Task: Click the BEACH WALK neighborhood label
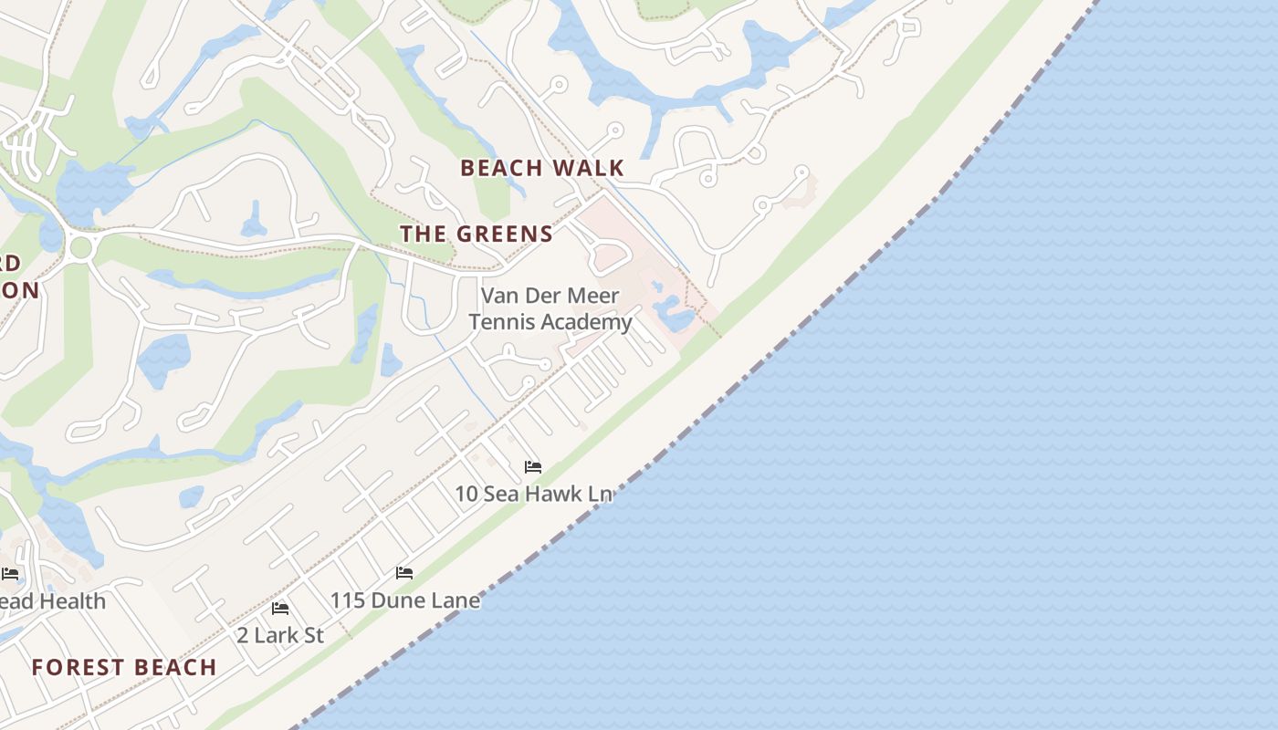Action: pyautogui.click(x=542, y=168)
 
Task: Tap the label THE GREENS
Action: pyautogui.click(x=477, y=235)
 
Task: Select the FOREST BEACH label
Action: pyautogui.click(x=124, y=667)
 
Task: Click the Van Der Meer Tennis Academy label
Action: pyautogui.click(x=550, y=308)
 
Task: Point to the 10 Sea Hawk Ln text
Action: pyautogui.click(x=533, y=494)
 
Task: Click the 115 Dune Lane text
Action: pyautogui.click(x=404, y=600)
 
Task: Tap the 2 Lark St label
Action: pyautogui.click(x=280, y=635)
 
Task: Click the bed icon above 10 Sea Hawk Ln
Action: pyautogui.click(x=533, y=467)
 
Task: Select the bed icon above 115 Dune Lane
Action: pyautogui.click(x=404, y=573)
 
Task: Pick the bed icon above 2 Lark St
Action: pyautogui.click(x=280, y=608)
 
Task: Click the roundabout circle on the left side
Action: pyautogui.click(x=81, y=247)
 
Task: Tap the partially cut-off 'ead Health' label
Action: pyautogui.click(x=53, y=601)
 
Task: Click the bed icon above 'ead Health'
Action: pyautogui.click(x=10, y=573)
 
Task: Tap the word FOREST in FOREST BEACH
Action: pyautogui.click(x=76, y=667)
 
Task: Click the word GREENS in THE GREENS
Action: pyautogui.click(x=505, y=235)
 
